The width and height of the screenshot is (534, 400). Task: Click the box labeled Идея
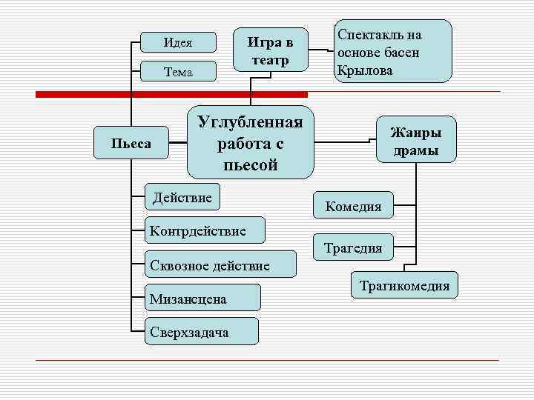(178, 42)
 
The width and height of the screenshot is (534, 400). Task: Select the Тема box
(178, 72)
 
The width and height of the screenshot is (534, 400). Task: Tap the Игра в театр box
(270, 50)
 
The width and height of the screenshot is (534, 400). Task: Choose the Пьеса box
(131, 143)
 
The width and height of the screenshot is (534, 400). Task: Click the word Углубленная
(250, 121)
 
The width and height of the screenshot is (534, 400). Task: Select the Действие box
(182, 197)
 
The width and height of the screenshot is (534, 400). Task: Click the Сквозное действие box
(210, 264)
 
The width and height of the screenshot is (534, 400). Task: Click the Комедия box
(353, 207)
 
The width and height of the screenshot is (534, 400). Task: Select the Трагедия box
(354, 248)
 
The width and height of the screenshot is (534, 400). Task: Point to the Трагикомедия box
(404, 285)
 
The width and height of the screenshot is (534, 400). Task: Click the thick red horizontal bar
(171, 94)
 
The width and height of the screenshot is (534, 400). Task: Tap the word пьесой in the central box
(250, 164)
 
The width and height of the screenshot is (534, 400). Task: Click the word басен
(403, 53)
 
